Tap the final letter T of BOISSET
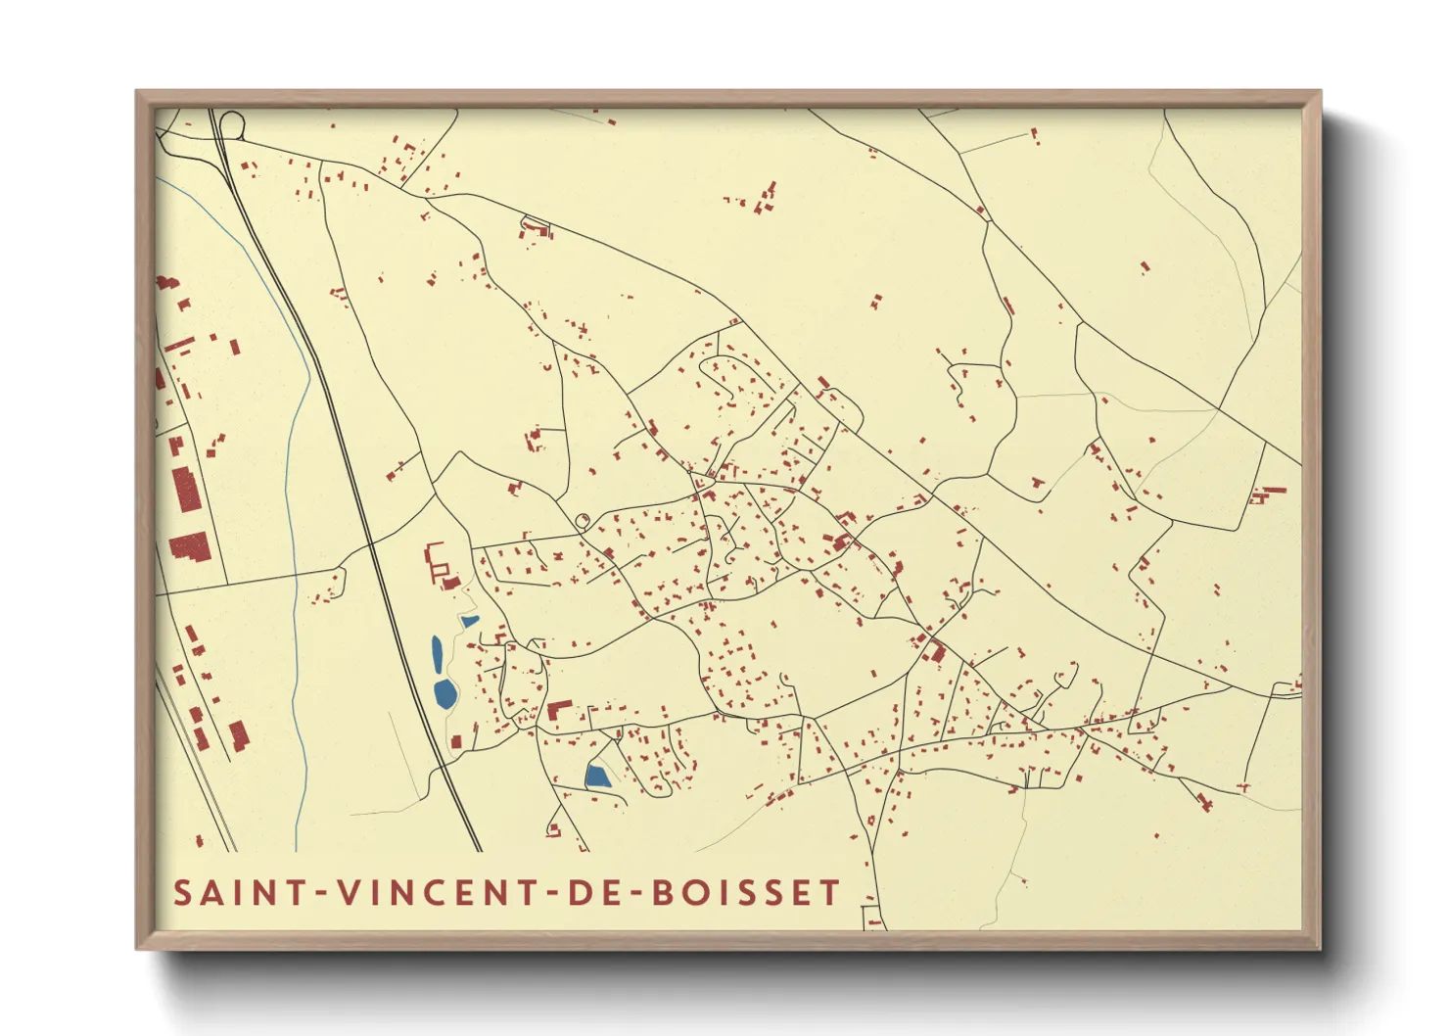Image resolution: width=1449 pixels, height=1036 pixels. [x=831, y=893]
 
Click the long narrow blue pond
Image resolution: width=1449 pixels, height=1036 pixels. [x=437, y=654]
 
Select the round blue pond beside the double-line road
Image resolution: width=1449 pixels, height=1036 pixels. [x=445, y=694]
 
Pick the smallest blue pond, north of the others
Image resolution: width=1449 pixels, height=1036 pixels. [x=470, y=621]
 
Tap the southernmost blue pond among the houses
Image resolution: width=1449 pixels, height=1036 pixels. [x=597, y=777]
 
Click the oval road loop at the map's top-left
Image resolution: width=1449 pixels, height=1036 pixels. [x=232, y=124]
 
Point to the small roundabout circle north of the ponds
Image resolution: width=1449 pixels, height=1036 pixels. [x=584, y=521]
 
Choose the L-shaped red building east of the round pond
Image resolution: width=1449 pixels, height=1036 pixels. [x=558, y=710]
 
